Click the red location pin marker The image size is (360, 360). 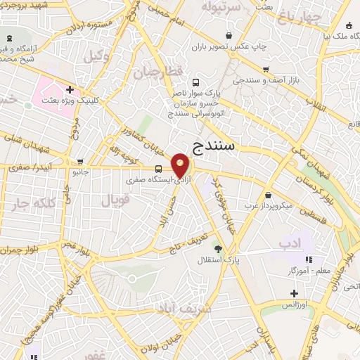tap(180, 166)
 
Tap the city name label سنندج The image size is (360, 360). tap(216, 146)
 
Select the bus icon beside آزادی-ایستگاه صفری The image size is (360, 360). tap(159, 169)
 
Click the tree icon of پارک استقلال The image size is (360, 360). tap(218, 248)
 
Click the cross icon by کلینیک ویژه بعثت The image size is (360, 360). tap(70, 89)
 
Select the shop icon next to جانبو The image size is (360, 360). tap(80, 161)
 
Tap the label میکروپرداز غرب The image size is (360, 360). tap(269, 206)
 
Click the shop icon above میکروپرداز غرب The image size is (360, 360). tap(269, 195)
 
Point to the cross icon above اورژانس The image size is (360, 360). tap(294, 293)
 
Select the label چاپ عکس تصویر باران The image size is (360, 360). tap(231, 46)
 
